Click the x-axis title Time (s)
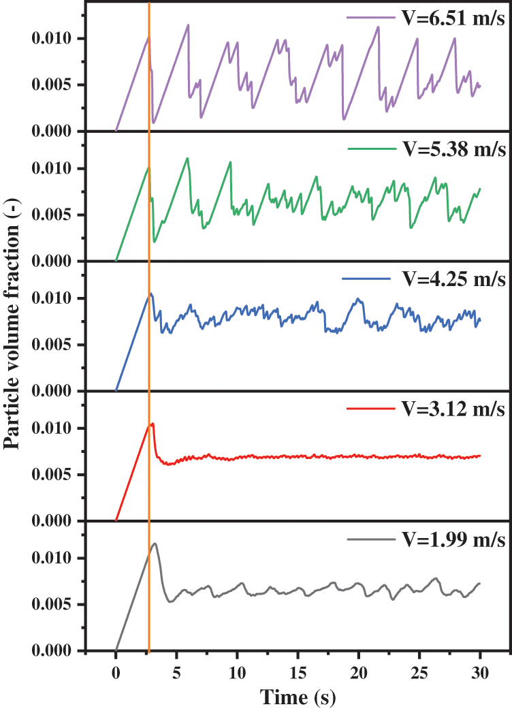pyautogui.click(x=298, y=697)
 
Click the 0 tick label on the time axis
pyautogui.click(x=116, y=672)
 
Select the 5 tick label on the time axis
pyautogui.click(x=176, y=672)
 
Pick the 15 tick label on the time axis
pyautogui.click(x=298, y=672)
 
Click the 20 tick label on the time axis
pyautogui.click(x=358, y=672)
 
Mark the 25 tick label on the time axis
pyautogui.click(x=419, y=672)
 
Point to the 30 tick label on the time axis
pyautogui.click(x=480, y=672)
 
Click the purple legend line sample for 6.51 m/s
pyautogui.click(x=368, y=18)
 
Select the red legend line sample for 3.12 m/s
pyautogui.click(x=368, y=409)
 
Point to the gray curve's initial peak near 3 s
pyautogui.click(x=155, y=543)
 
